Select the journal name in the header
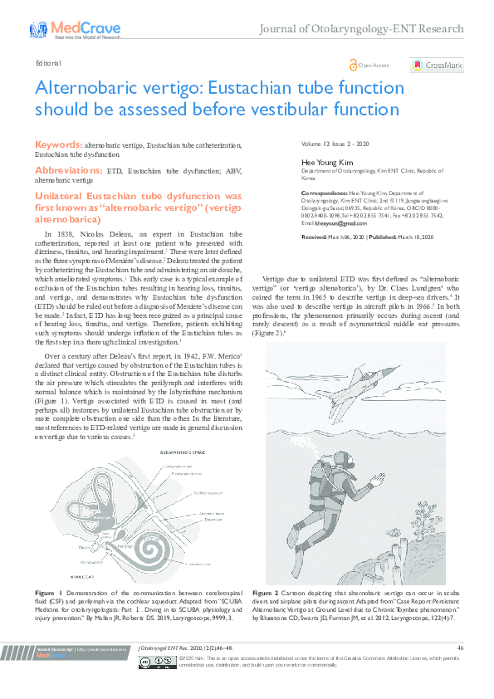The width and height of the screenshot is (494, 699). [362, 30]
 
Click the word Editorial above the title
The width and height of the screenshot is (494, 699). [47, 63]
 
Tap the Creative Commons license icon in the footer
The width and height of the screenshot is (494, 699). [154, 684]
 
